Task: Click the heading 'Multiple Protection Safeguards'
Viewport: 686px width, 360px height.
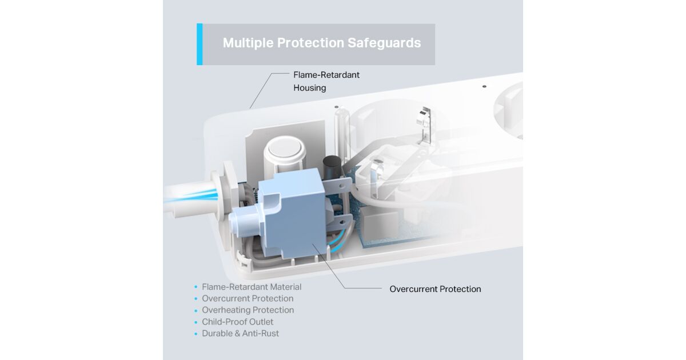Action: pyautogui.click(x=321, y=43)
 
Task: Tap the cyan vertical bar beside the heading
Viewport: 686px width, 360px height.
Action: pyautogui.click(x=200, y=44)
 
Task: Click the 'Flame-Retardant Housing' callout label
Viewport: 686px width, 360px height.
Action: pyautogui.click(x=326, y=81)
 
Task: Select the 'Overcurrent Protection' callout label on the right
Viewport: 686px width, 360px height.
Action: pyautogui.click(x=435, y=289)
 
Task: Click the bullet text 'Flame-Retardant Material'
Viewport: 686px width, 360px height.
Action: pyautogui.click(x=252, y=287)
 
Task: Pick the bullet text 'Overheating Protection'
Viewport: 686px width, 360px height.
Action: pyautogui.click(x=248, y=310)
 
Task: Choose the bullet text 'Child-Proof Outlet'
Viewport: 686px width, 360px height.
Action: pyautogui.click(x=237, y=322)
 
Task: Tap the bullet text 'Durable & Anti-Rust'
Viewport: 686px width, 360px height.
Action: pyautogui.click(x=241, y=333)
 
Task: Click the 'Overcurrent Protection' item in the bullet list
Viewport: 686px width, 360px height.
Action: pyautogui.click(x=248, y=298)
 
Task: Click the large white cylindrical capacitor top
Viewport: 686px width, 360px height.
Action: pyautogui.click(x=285, y=149)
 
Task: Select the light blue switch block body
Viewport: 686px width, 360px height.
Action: pyautogui.click(x=291, y=214)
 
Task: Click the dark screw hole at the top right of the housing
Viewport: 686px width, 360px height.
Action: pyautogui.click(x=484, y=87)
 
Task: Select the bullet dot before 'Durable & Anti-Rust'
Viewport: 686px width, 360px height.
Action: pyautogui.click(x=196, y=334)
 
